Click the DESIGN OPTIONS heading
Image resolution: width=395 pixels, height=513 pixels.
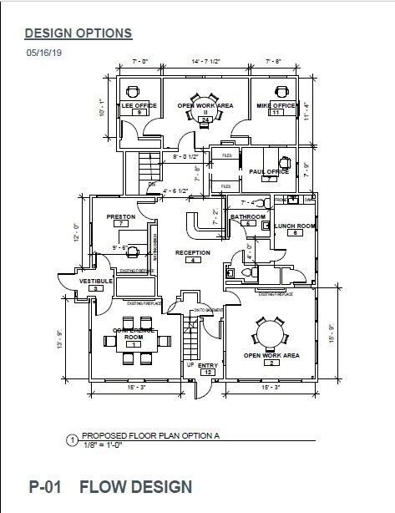coord(78,33)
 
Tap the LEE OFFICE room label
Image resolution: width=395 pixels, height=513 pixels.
coord(139,106)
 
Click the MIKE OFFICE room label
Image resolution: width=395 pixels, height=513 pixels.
coord(275,106)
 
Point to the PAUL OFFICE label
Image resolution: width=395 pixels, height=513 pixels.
coord(269,171)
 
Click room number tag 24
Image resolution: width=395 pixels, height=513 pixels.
coord(205,120)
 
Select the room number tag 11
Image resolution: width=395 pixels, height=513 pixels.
coord(275,113)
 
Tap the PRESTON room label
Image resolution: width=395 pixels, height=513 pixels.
coord(121,217)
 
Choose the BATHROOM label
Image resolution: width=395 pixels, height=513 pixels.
coord(248,217)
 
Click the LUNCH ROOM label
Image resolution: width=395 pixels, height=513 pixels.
coord(294,226)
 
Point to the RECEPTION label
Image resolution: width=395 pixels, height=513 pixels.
coord(192,252)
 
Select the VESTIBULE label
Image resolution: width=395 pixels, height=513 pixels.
coord(96,281)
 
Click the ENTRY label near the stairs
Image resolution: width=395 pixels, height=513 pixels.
coord(208,364)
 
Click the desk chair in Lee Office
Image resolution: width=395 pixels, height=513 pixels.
coord(132,91)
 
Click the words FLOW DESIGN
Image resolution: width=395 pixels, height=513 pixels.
coord(136,486)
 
